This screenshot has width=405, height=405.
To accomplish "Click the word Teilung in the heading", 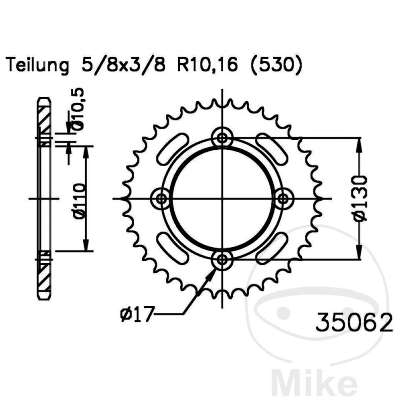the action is tap(37, 65).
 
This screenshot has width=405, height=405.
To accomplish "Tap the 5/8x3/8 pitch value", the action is tap(123, 65).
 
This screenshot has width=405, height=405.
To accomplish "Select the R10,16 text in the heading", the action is tap(207, 65).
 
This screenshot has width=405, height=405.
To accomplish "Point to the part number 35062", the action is tap(354, 322).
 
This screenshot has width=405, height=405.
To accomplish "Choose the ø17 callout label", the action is tap(137, 314).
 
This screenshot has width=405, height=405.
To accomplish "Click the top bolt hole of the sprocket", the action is tap(222, 138).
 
